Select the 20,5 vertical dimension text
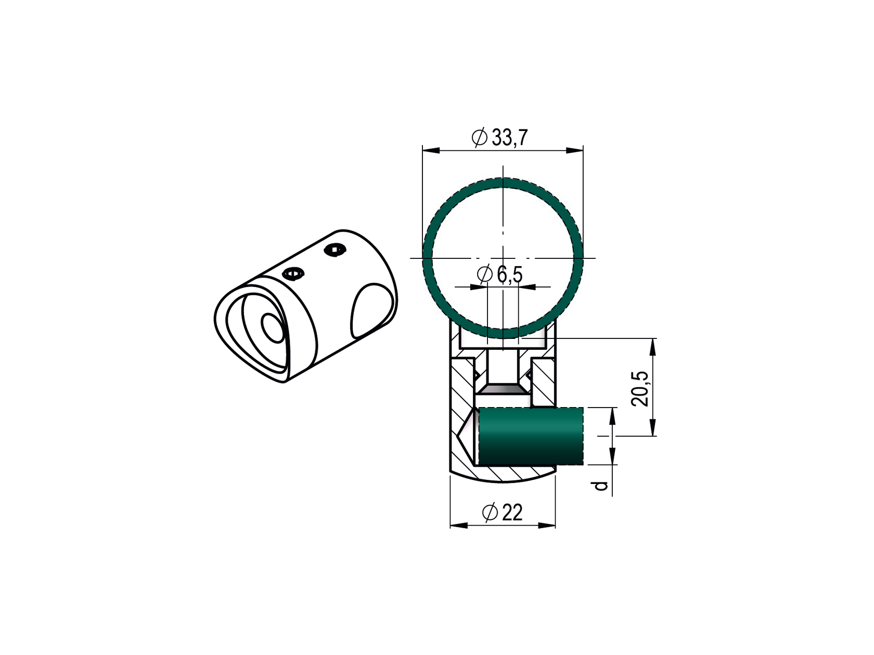tap(639, 389)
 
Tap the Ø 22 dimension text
tap(503, 513)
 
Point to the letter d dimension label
tap(601, 486)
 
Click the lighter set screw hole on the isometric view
tap(292, 273)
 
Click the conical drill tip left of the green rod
tap(467, 436)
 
